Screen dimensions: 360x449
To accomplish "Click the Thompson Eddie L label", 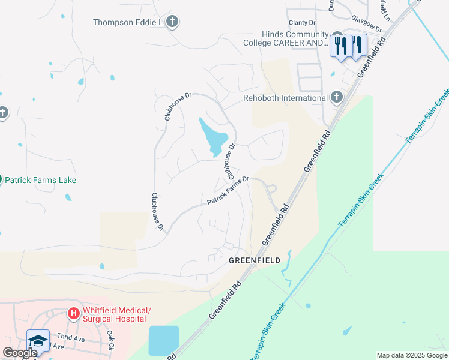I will [x=128, y=23].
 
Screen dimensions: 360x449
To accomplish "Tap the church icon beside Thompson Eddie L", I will [x=173, y=23].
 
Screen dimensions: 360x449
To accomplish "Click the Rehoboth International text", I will [x=285, y=98].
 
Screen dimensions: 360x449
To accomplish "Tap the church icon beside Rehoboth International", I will [x=336, y=97].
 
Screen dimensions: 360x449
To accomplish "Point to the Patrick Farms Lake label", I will [x=41, y=180].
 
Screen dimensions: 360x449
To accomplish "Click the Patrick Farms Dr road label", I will [x=228, y=191].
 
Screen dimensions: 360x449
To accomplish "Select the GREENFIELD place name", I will [x=255, y=261].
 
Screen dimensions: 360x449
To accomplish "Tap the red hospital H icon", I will [x=73, y=313].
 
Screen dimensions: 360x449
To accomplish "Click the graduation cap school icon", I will [x=37, y=340].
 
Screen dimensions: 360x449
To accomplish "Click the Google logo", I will [x=20, y=353].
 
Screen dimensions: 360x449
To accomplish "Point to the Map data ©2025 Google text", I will [x=412, y=355].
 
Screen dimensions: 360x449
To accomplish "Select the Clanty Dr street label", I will [x=301, y=23].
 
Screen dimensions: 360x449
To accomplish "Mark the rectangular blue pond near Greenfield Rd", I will [x=163, y=340].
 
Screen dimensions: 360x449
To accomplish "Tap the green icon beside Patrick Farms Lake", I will [x=1, y=179].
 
